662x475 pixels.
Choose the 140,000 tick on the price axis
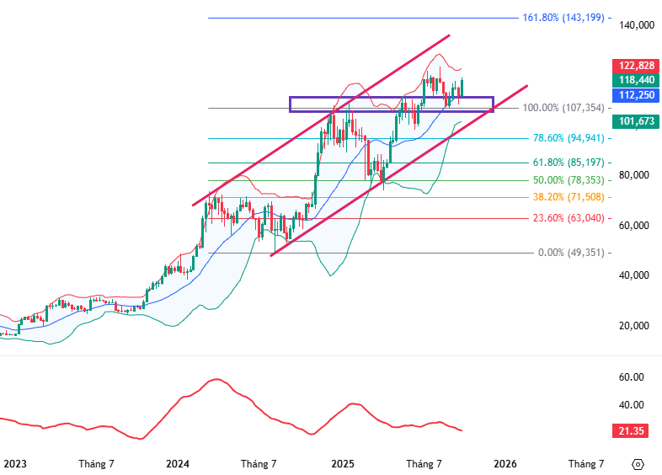coord(637,26)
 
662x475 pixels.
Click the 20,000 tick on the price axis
coord(637,326)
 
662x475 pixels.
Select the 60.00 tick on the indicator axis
coord(631,377)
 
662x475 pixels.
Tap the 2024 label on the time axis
coord(178,463)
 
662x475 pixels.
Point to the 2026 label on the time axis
coord(505,463)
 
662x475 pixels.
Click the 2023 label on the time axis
coord(14,463)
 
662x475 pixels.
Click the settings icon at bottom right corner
coord(638,464)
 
